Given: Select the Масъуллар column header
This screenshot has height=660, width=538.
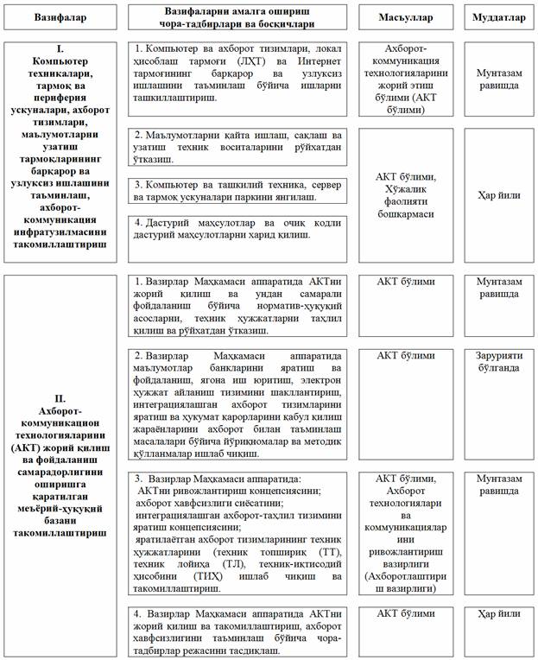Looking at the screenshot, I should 411,17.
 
